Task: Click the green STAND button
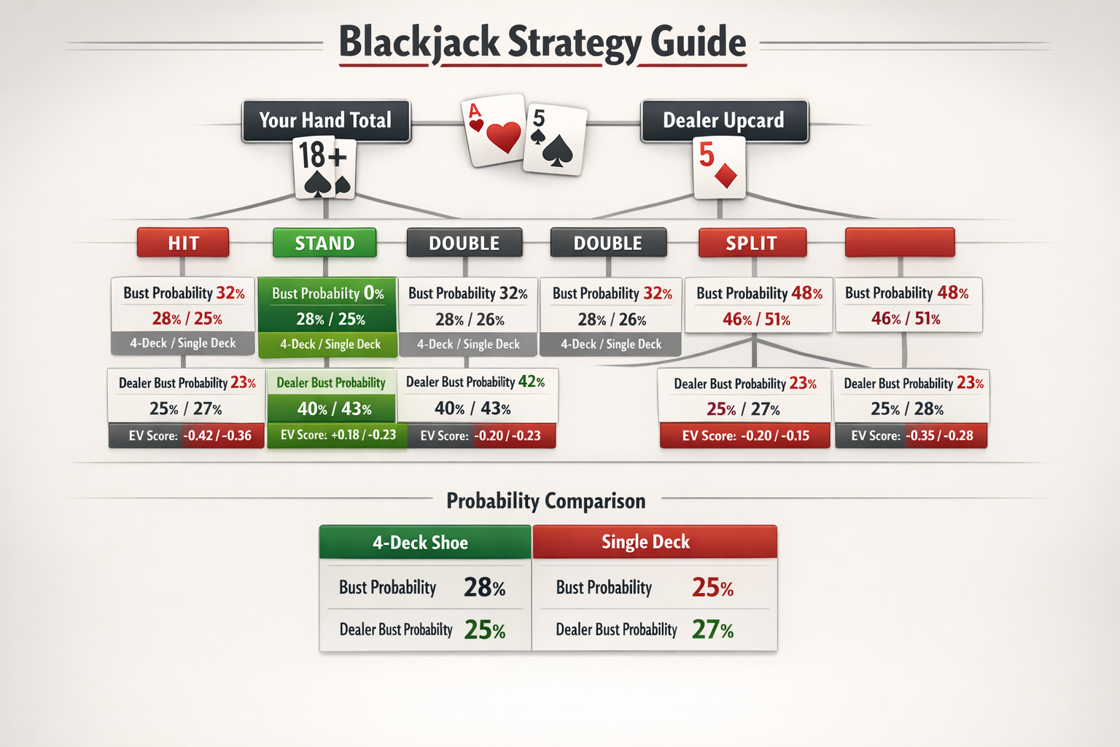tap(324, 243)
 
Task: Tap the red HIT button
tap(183, 243)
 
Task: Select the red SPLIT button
tap(752, 243)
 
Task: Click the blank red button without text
tap(899, 243)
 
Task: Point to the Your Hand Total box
tap(325, 120)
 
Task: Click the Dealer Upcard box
tap(724, 120)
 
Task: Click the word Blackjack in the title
tap(419, 42)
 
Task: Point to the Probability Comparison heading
tap(545, 501)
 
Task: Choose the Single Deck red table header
tap(654, 542)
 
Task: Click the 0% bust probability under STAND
tap(373, 293)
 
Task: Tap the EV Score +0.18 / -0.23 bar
tap(337, 436)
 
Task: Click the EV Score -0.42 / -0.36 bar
tap(187, 436)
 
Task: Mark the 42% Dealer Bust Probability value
tap(531, 382)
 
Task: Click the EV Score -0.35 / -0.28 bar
tap(911, 436)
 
